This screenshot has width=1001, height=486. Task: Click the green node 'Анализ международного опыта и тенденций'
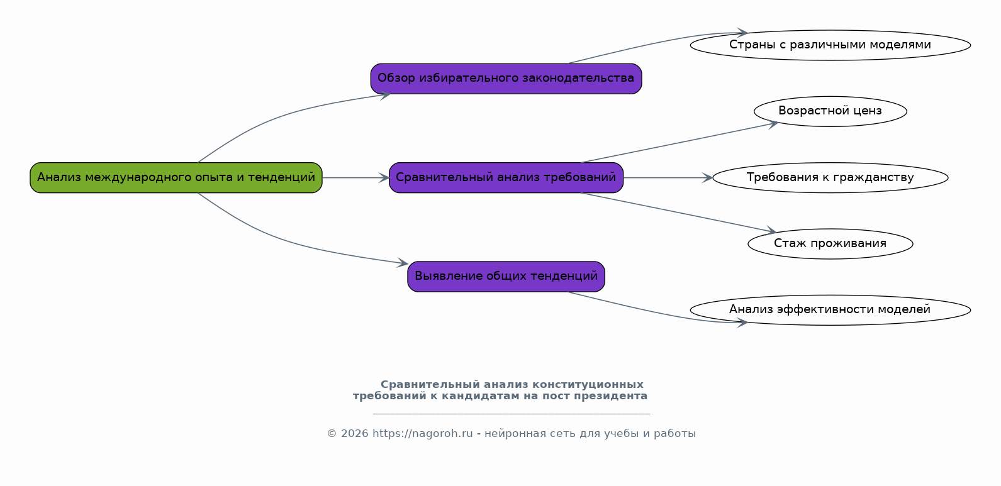(x=176, y=178)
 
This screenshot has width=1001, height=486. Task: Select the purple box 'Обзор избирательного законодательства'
(x=506, y=79)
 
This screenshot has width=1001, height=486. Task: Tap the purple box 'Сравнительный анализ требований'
(x=506, y=178)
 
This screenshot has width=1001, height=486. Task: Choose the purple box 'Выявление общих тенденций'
(x=506, y=277)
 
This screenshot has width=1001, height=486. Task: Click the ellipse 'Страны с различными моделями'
(x=830, y=45)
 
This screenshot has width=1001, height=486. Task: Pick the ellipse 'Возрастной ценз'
(x=830, y=111)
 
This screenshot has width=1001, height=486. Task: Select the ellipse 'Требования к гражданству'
(x=830, y=178)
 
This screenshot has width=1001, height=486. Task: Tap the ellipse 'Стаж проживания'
(x=830, y=244)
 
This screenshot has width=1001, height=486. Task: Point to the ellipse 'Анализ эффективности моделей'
(x=830, y=310)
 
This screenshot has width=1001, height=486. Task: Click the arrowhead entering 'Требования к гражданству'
(x=708, y=178)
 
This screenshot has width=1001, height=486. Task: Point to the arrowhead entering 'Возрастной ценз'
(x=773, y=124)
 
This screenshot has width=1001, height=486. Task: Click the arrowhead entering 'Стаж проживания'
(x=771, y=231)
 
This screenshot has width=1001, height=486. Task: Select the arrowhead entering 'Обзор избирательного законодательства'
(x=385, y=95)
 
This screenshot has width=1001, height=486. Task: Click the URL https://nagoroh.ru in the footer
(x=422, y=434)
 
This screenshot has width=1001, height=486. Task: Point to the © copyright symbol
(x=332, y=434)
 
